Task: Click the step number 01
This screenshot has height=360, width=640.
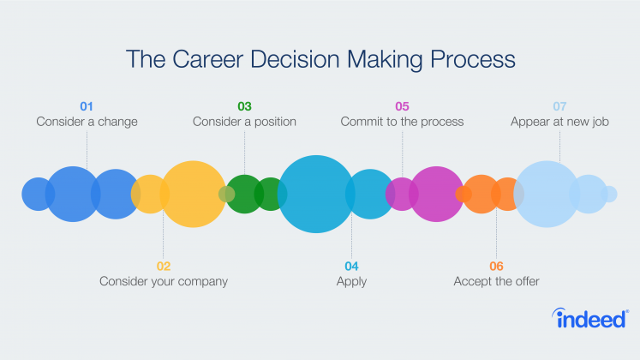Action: tap(87, 106)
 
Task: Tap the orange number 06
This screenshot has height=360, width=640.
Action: tap(496, 266)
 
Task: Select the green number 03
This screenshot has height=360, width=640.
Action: tap(244, 106)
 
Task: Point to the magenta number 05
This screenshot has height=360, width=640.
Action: tap(402, 106)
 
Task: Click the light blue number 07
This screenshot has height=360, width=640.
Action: tap(559, 106)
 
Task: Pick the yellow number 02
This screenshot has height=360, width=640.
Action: tap(164, 266)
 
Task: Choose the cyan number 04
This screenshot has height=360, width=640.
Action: tap(351, 266)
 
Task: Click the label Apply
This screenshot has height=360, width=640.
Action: tap(351, 282)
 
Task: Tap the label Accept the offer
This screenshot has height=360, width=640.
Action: tap(496, 281)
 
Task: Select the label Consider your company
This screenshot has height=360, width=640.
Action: tap(164, 282)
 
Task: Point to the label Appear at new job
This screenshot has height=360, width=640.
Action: tap(559, 122)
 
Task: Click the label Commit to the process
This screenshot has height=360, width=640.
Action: tap(402, 122)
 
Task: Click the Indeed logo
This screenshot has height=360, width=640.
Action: tap(590, 318)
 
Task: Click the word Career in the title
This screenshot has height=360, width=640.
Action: tap(207, 59)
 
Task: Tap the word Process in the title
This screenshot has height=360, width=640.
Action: tap(473, 59)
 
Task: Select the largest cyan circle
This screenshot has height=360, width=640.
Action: tap(316, 194)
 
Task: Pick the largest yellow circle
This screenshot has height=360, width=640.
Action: tap(193, 194)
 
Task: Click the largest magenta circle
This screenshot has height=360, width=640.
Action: tap(436, 194)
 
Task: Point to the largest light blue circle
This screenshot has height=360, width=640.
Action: tap(547, 194)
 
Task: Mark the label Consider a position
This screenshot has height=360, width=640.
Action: tap(244, 122)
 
